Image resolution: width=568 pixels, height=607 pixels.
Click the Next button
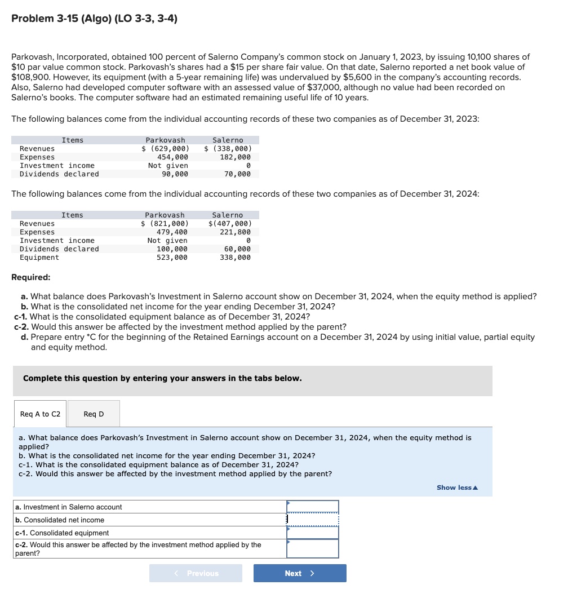(x=300, y=573)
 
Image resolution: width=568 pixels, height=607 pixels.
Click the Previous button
(x=196, y=573)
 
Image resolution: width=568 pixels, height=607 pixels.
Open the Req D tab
(x=94, y=414)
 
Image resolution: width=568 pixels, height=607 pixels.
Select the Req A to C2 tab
(x=40, y=414)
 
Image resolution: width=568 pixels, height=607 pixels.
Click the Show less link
(x=457, y=488)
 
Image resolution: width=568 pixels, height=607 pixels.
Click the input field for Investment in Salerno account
(x=313, y=507)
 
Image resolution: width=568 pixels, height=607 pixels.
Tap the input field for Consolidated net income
(x=313, y=520)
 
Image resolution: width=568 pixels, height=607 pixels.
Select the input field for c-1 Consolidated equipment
(x=313, y=533)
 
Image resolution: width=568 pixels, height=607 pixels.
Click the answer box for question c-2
(x=313, y=548)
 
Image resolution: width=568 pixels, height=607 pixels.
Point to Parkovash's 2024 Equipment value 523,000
(x=172, y=258)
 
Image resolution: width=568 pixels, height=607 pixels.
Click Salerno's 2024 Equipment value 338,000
(x=235, y=258)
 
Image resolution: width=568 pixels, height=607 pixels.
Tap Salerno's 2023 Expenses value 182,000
(x=235, y=157)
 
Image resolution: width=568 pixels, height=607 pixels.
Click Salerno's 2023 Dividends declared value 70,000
(x=237, y=174)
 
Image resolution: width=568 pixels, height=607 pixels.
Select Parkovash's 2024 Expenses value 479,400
(x=172, y=232)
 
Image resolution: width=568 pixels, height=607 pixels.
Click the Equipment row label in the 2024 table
(x=39, y=258)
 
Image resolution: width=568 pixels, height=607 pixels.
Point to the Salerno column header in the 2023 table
(x=228, y=140)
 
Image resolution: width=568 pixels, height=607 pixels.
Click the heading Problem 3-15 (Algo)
(x=94, y=19)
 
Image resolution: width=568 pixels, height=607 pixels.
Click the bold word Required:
(x=31, y=277)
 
